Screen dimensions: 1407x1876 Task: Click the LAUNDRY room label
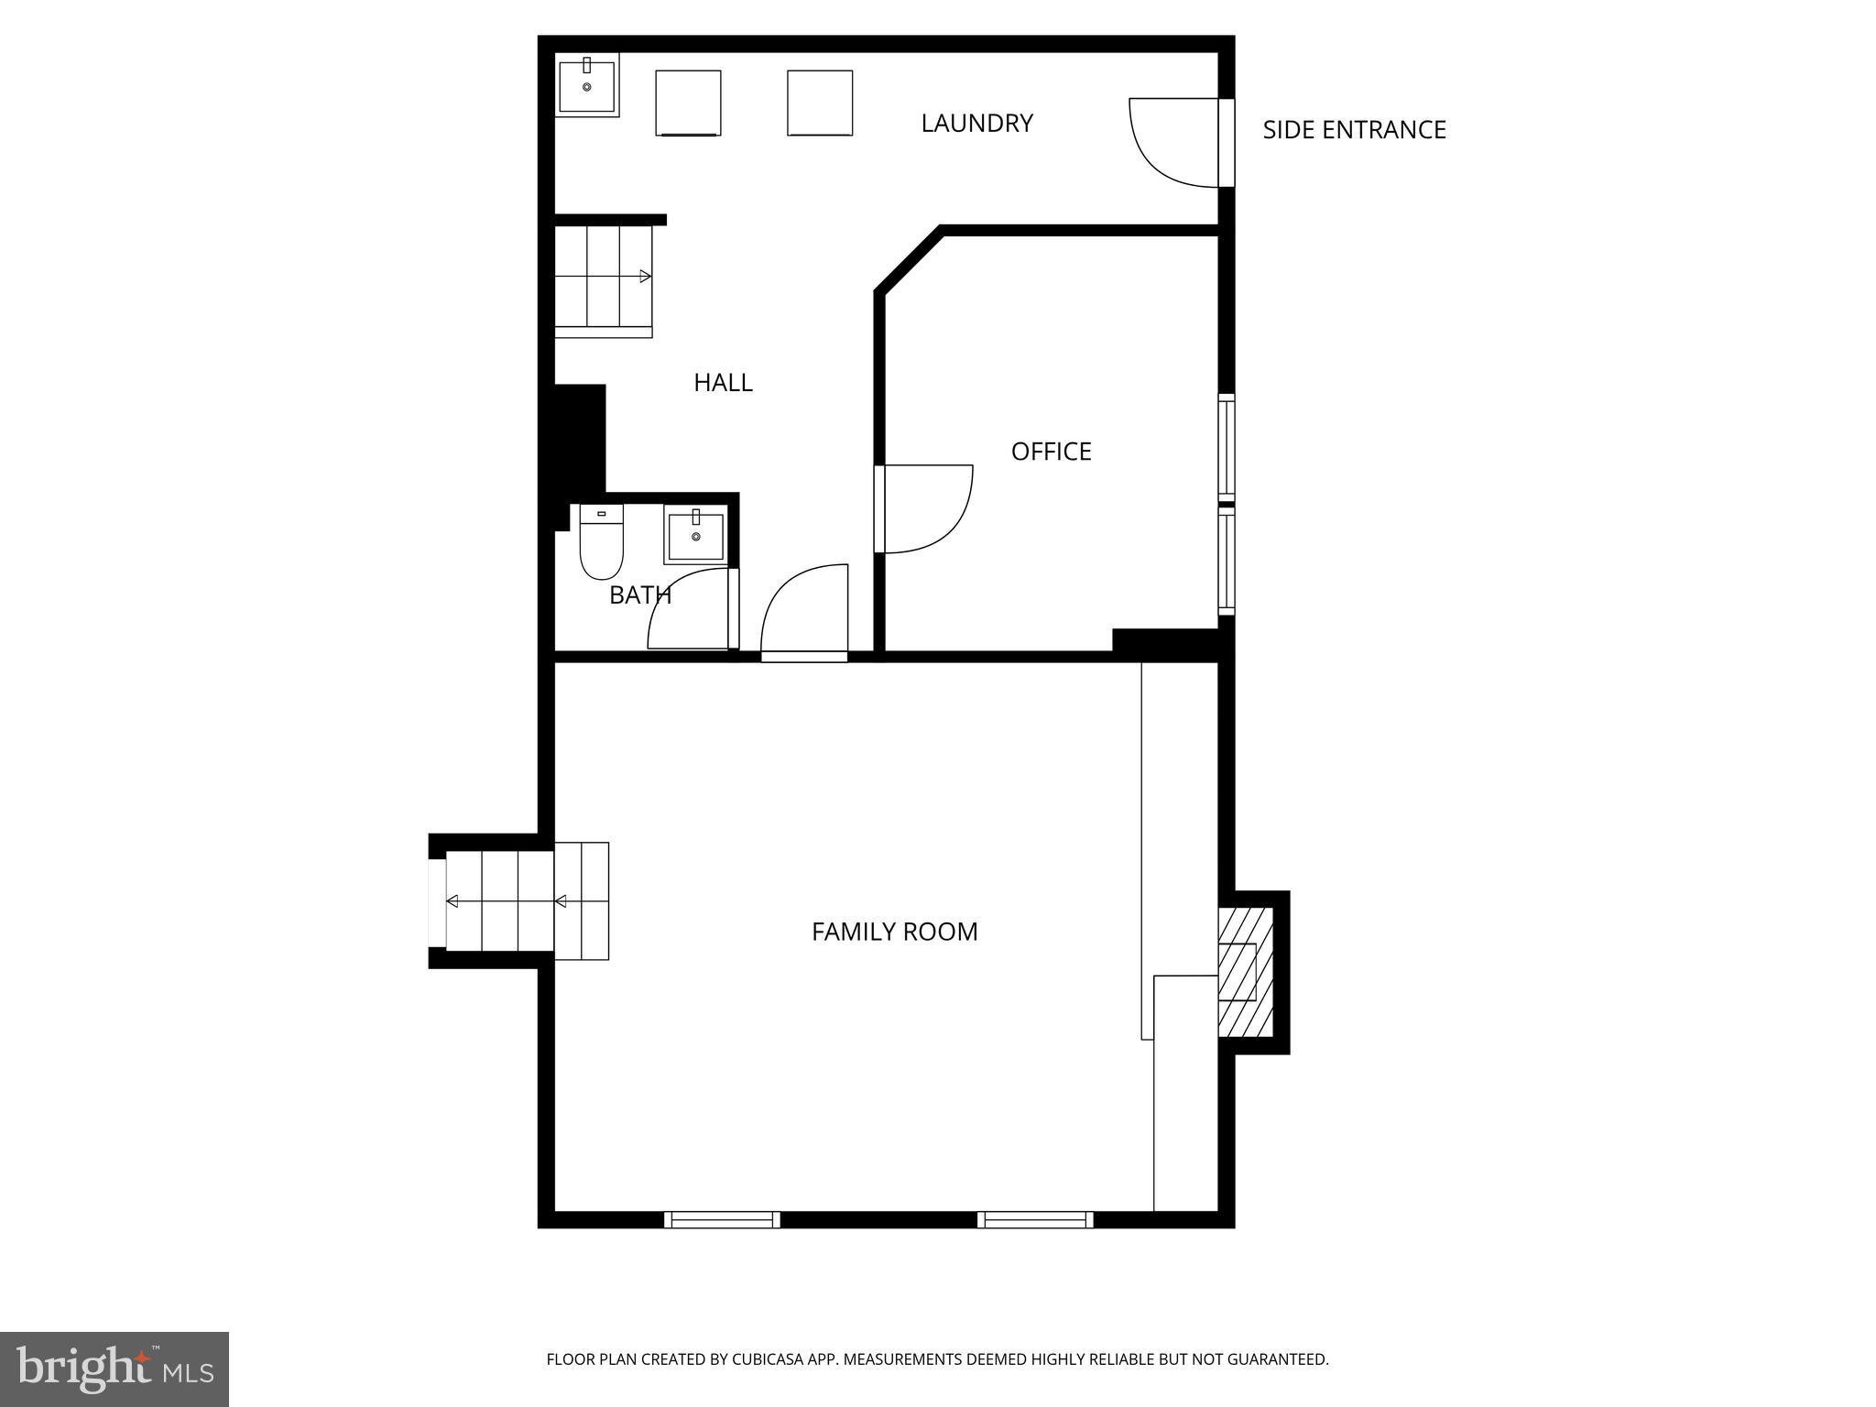click(976, 123)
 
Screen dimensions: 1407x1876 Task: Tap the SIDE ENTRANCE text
click(1353, 130)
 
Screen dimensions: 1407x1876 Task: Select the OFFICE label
click(1051, 452)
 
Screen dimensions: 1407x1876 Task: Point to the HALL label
click(723, 383)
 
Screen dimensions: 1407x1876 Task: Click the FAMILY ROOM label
click(894, 932)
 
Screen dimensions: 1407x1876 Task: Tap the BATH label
click(639, 595)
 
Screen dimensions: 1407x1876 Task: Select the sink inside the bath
click(695, 537)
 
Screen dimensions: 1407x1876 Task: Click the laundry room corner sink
click(586, 85)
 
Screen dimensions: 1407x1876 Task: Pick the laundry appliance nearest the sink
click(688, 103)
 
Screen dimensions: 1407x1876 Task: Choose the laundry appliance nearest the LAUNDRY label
click(820, 103)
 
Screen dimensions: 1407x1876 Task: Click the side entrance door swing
click(1172, 142)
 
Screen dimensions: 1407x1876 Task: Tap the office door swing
click(925, 508)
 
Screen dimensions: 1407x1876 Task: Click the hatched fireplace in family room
click(1245, 972)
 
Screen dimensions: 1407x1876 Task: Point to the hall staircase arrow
click(645, 276)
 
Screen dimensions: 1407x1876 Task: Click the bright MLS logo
click(114, 1369)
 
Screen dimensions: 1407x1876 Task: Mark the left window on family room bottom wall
click(722, 1219)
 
